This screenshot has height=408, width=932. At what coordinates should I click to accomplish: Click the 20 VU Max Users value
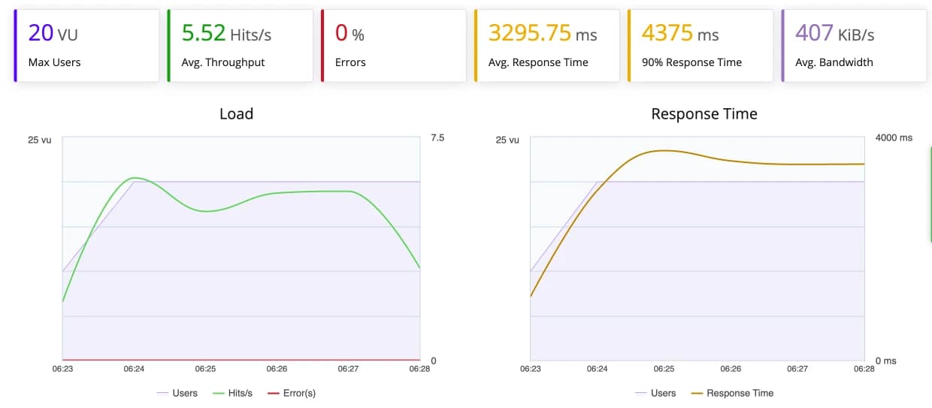click(53, 33)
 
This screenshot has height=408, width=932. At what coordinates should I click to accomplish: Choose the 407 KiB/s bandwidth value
click(834, 33)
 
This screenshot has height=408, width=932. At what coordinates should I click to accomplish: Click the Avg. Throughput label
click(223, 62)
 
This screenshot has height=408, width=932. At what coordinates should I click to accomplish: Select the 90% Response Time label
click(691, 62)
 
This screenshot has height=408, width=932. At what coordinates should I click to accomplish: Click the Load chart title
click(236, 114)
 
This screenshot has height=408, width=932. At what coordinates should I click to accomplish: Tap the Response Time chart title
click(704, 114)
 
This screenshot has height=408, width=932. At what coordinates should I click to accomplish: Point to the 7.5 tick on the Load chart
click(437, 138)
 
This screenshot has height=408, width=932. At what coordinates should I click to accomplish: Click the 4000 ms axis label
click(894, 138)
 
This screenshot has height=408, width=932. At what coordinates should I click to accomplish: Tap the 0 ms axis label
click(888, 361)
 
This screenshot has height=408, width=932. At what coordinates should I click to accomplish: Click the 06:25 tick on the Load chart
click(205, 369)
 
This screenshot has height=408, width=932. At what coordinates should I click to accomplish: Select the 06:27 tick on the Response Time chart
click(797, 369)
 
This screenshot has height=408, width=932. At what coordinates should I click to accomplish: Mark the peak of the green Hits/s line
click(135, 178)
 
